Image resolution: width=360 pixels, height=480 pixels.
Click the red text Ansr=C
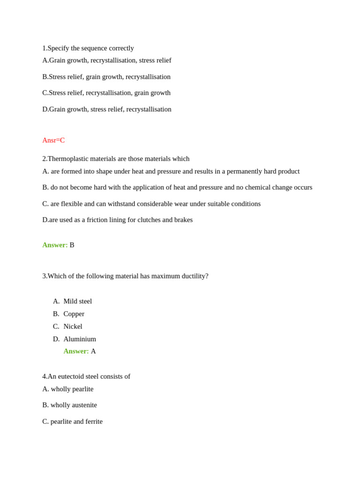tap(53, 140)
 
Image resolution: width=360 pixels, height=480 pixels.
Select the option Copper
tap(74, 314)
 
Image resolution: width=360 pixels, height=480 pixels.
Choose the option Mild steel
tap(78, 301)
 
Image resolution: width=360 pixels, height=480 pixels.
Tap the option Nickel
tap(73, 327)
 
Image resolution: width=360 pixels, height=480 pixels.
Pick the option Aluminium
tap(80, 339)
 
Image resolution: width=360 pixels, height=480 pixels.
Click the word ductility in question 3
tap(192, 276)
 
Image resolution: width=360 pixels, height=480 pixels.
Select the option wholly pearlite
tap(72, 389)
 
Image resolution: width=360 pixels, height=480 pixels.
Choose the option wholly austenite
tap(74, 405)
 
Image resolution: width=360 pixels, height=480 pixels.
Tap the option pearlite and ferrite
tap(76, 421)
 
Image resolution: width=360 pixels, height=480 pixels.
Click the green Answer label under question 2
tap(55, 245)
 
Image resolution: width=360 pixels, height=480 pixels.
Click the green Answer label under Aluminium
tap(76, 352)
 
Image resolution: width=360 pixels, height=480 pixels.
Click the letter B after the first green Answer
tap(72, 245)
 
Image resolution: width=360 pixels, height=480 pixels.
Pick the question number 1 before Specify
tap(44, 48)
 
